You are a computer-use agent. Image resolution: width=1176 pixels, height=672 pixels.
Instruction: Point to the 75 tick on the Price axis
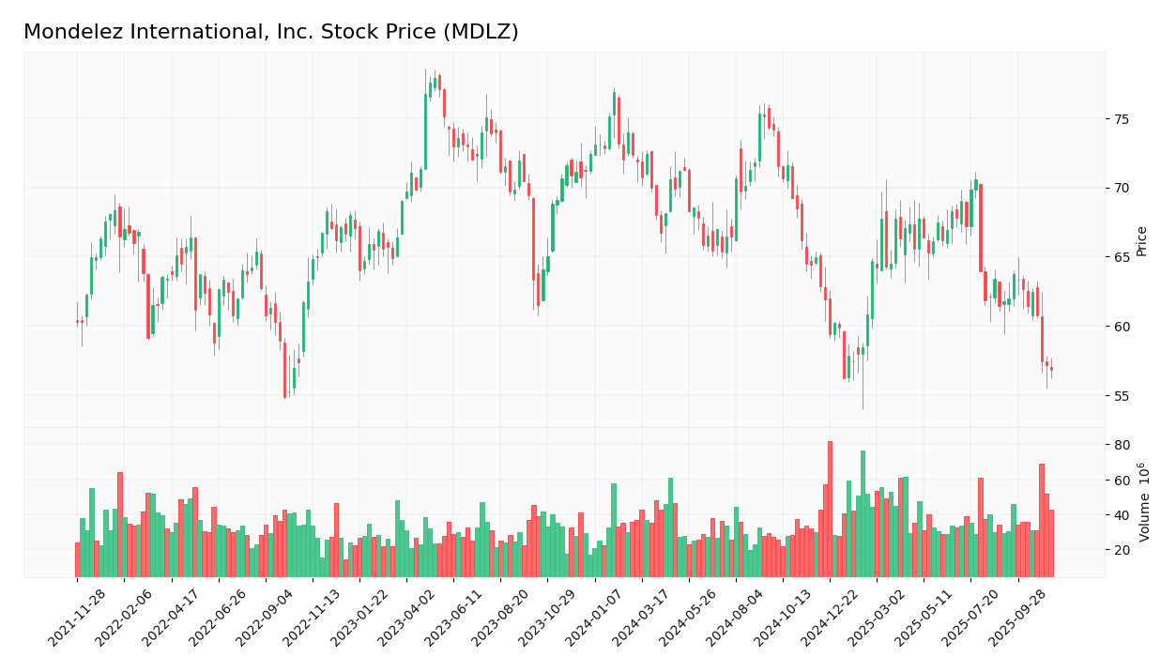pyautogui.click(x=1122, y=119)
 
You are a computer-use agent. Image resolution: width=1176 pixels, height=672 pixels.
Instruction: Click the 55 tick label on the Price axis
pyautogui.click(x=1122, y=396)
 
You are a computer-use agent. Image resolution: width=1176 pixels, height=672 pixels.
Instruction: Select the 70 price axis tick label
pyautogui.click(x=1122, y=189)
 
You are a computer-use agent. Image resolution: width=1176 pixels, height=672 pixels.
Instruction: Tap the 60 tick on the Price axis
pyautogui.click(x=1122, y=327)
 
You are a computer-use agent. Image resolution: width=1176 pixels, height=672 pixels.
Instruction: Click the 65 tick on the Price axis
pyautogui.click(x=1122, y=257)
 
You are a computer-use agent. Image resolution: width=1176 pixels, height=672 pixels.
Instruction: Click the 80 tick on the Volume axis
pyautogui.click(x=1122, y=445)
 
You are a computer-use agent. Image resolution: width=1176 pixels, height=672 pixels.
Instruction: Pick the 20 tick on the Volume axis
pyautogui.click(x=1122, y=550)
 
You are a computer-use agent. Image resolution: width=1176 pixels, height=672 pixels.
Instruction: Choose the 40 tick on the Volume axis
pyautogui.click(x=1122, y=515)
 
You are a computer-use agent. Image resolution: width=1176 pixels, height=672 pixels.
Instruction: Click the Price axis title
pyautogui.click(x=1142, y=241)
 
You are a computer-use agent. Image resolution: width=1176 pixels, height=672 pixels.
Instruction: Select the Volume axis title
pyautogui.click(x=1144, y=502)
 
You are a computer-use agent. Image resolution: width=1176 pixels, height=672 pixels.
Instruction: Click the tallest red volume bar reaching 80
pyautogui.click(x=830, y=510)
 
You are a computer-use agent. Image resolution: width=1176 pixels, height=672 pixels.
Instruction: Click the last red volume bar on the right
pyautogui.click(x=1051, y=543)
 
